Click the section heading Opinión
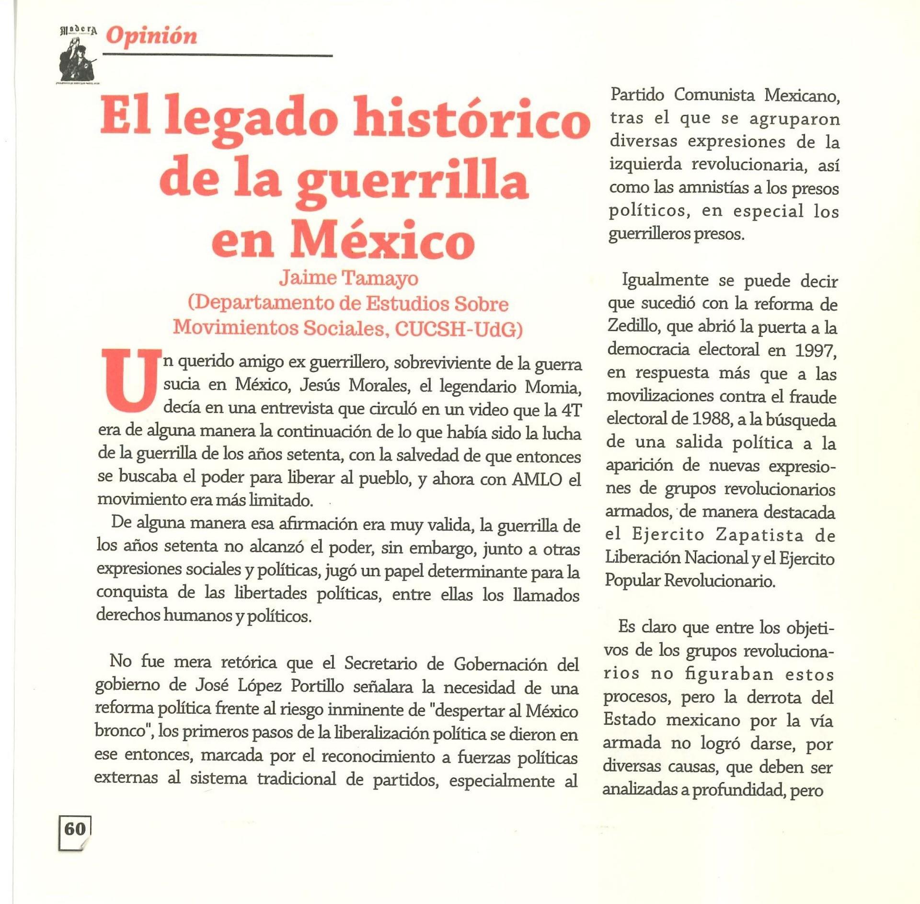coord(151,36)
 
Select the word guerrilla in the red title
coord(412,182)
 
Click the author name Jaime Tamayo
coord(349,278)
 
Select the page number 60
coord(75,829)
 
